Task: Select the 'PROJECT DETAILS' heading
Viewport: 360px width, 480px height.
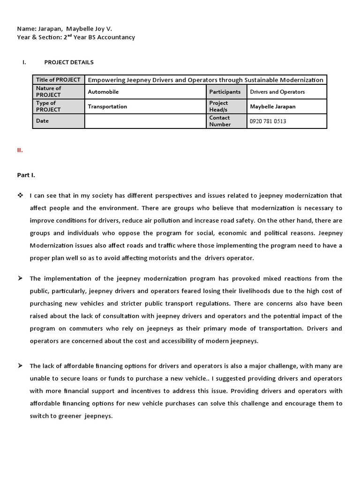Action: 69,62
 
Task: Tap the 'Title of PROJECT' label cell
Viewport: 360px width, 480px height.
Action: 58,80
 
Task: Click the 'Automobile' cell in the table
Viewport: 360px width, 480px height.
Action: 103,92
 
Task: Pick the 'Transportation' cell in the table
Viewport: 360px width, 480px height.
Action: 107,106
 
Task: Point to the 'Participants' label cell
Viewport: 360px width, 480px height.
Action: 225,92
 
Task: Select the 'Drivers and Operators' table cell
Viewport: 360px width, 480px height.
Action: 277,92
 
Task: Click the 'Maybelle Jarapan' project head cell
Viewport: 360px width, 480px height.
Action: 273,106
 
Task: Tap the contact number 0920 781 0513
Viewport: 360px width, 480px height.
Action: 268,121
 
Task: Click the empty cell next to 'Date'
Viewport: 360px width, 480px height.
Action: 145,121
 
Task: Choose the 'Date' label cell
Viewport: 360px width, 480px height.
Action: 42,121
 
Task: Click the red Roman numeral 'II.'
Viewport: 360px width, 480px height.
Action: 20,150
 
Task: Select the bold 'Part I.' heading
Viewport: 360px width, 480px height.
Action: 26,175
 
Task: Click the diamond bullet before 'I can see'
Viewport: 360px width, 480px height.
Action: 20,195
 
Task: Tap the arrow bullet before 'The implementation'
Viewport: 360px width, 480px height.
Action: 20,278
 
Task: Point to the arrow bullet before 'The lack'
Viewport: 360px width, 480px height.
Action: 20,366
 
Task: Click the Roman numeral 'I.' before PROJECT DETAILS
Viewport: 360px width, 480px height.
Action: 24,62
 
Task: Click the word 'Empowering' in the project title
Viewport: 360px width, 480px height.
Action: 105,80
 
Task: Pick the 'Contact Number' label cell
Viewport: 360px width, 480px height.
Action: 220,121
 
